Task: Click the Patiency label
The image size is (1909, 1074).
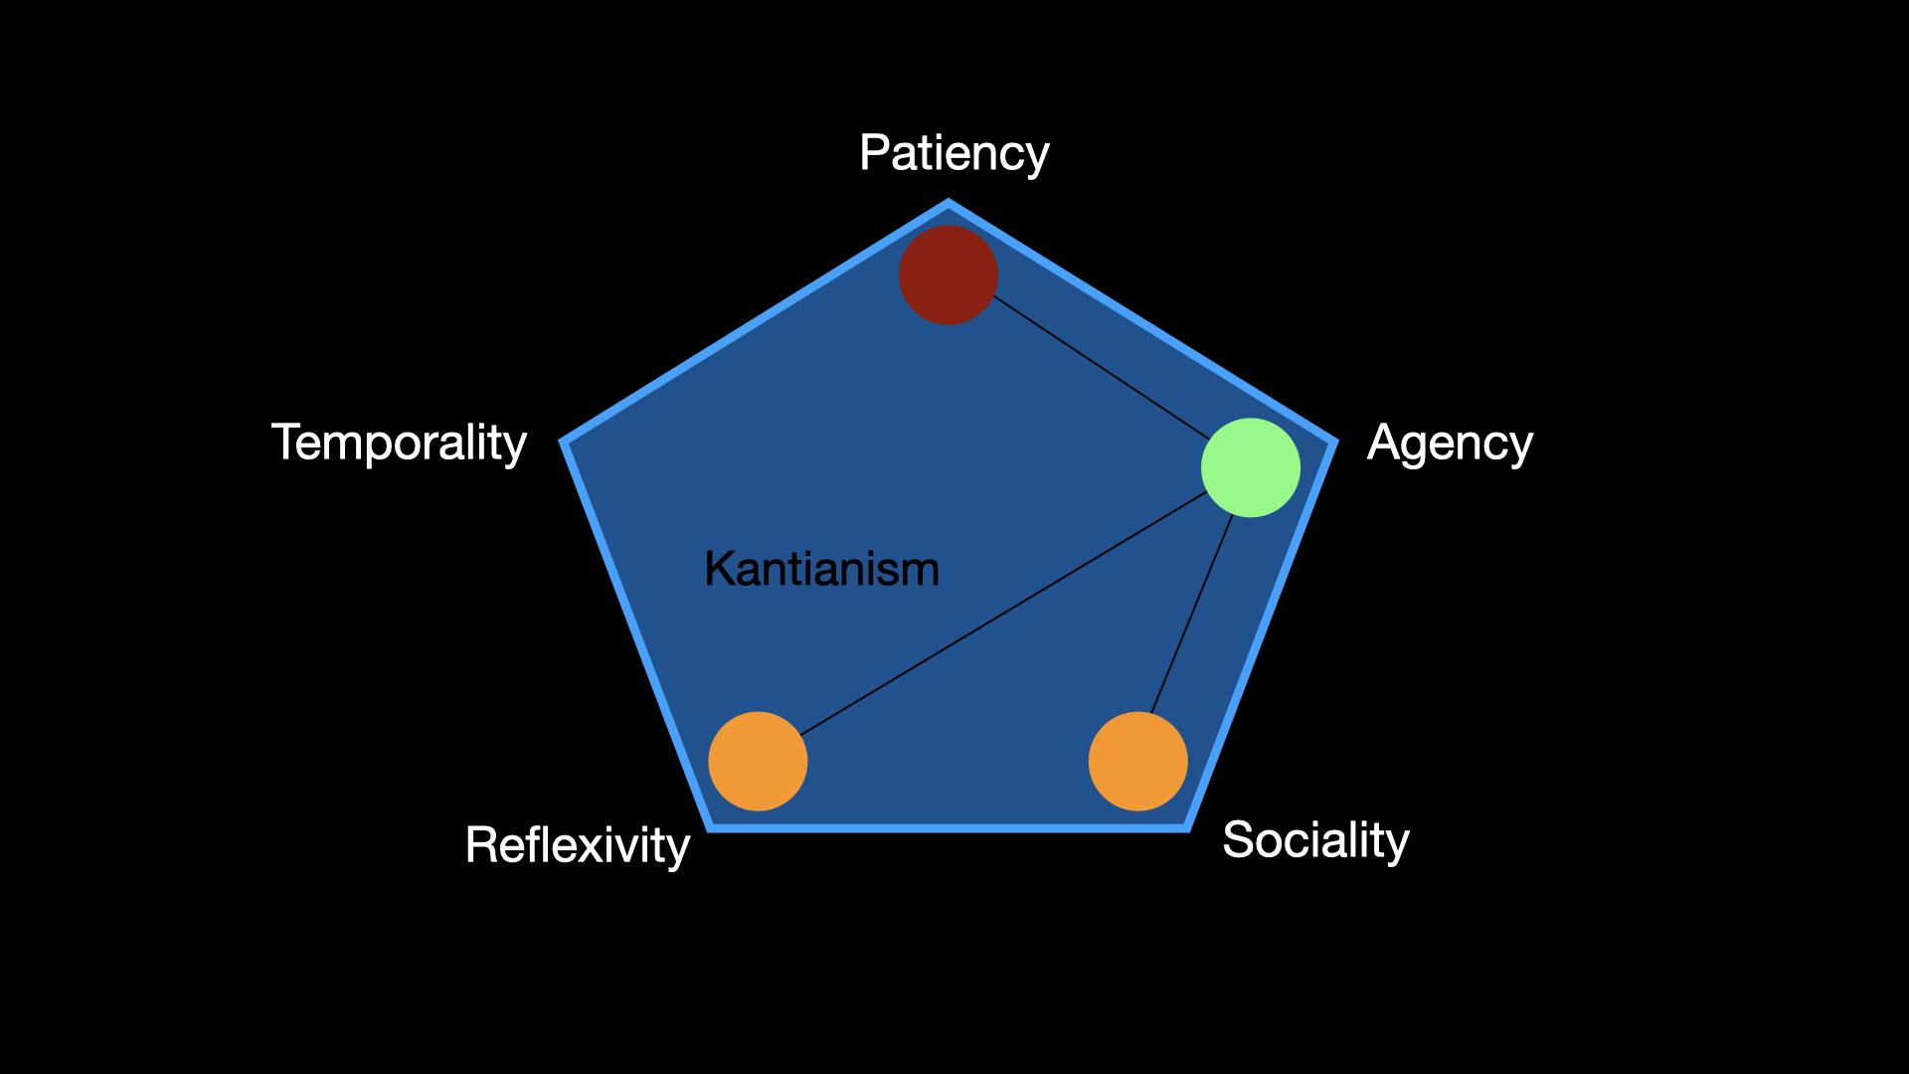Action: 954,153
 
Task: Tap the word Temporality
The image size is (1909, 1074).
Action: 399,443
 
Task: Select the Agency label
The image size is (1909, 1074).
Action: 1450,443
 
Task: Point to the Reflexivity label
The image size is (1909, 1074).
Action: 577,845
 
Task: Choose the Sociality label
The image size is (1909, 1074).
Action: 1315,840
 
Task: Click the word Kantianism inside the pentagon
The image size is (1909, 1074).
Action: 821,569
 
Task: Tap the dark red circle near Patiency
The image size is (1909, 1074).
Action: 948,274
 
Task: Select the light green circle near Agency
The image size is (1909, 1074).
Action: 1250,467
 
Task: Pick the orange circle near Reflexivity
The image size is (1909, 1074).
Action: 758,761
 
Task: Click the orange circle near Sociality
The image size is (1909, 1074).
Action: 1137,761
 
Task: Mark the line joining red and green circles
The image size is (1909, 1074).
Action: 1101,366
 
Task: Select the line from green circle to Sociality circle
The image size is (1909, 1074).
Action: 1191,615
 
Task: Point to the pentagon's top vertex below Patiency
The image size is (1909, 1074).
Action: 949,204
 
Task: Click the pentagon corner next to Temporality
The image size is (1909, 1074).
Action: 564,442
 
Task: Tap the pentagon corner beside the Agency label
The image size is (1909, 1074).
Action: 1334,441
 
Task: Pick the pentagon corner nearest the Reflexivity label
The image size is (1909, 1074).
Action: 712,826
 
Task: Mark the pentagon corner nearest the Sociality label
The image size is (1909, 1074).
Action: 1186,826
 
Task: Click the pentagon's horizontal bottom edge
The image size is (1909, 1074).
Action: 949,827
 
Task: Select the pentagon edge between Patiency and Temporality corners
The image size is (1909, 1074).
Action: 756,322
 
